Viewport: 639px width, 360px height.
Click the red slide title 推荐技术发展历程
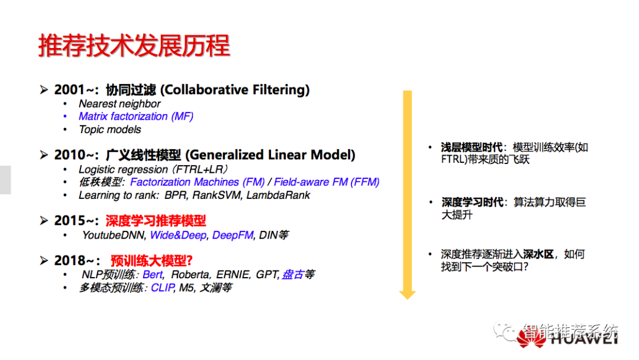[134, 46]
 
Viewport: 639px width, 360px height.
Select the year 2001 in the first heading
[70, 90]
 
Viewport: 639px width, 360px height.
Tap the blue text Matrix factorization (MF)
[136, 117]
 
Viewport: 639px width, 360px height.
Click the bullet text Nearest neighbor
[120, 104]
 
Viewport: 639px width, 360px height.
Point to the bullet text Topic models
[110, 129]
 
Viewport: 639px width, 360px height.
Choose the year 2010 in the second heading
[70, 155]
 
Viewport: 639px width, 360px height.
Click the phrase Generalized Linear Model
[270, 155]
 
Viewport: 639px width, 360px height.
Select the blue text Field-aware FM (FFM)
[326, 182]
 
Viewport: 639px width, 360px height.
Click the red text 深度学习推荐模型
[156, 221]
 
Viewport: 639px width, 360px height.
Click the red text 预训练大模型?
[152, 261]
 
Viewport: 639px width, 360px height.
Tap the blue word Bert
[152, 275]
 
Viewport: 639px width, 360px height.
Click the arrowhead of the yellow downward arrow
[407, 293]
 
